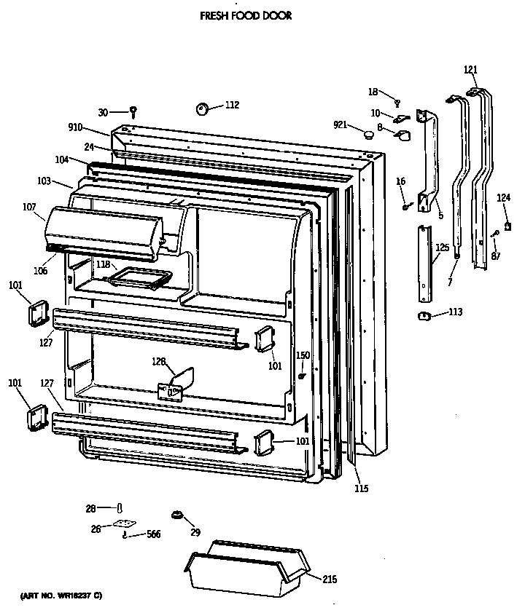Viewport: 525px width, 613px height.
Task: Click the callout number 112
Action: pyautogui.click(x=231, y=105)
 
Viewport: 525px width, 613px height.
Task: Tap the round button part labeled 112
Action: pyautogui.click(x=201, y=109)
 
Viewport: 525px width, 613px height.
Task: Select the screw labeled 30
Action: pyautogui.click(x=133, y=111)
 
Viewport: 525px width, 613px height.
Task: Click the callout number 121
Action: pyautogui.click(x=470, y=70)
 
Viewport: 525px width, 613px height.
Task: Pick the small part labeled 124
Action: pyautogui.click(x=507, y=226)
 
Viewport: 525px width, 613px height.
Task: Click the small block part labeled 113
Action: pyautogui.click(x=421, y=315)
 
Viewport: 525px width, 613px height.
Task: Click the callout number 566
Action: pyautogui.click(x=153, y=535)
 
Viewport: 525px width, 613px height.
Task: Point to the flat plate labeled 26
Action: pyautogui.click(x=126, y=523)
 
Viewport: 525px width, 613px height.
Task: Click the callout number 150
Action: pyautogui.click(x=303, y=355)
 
